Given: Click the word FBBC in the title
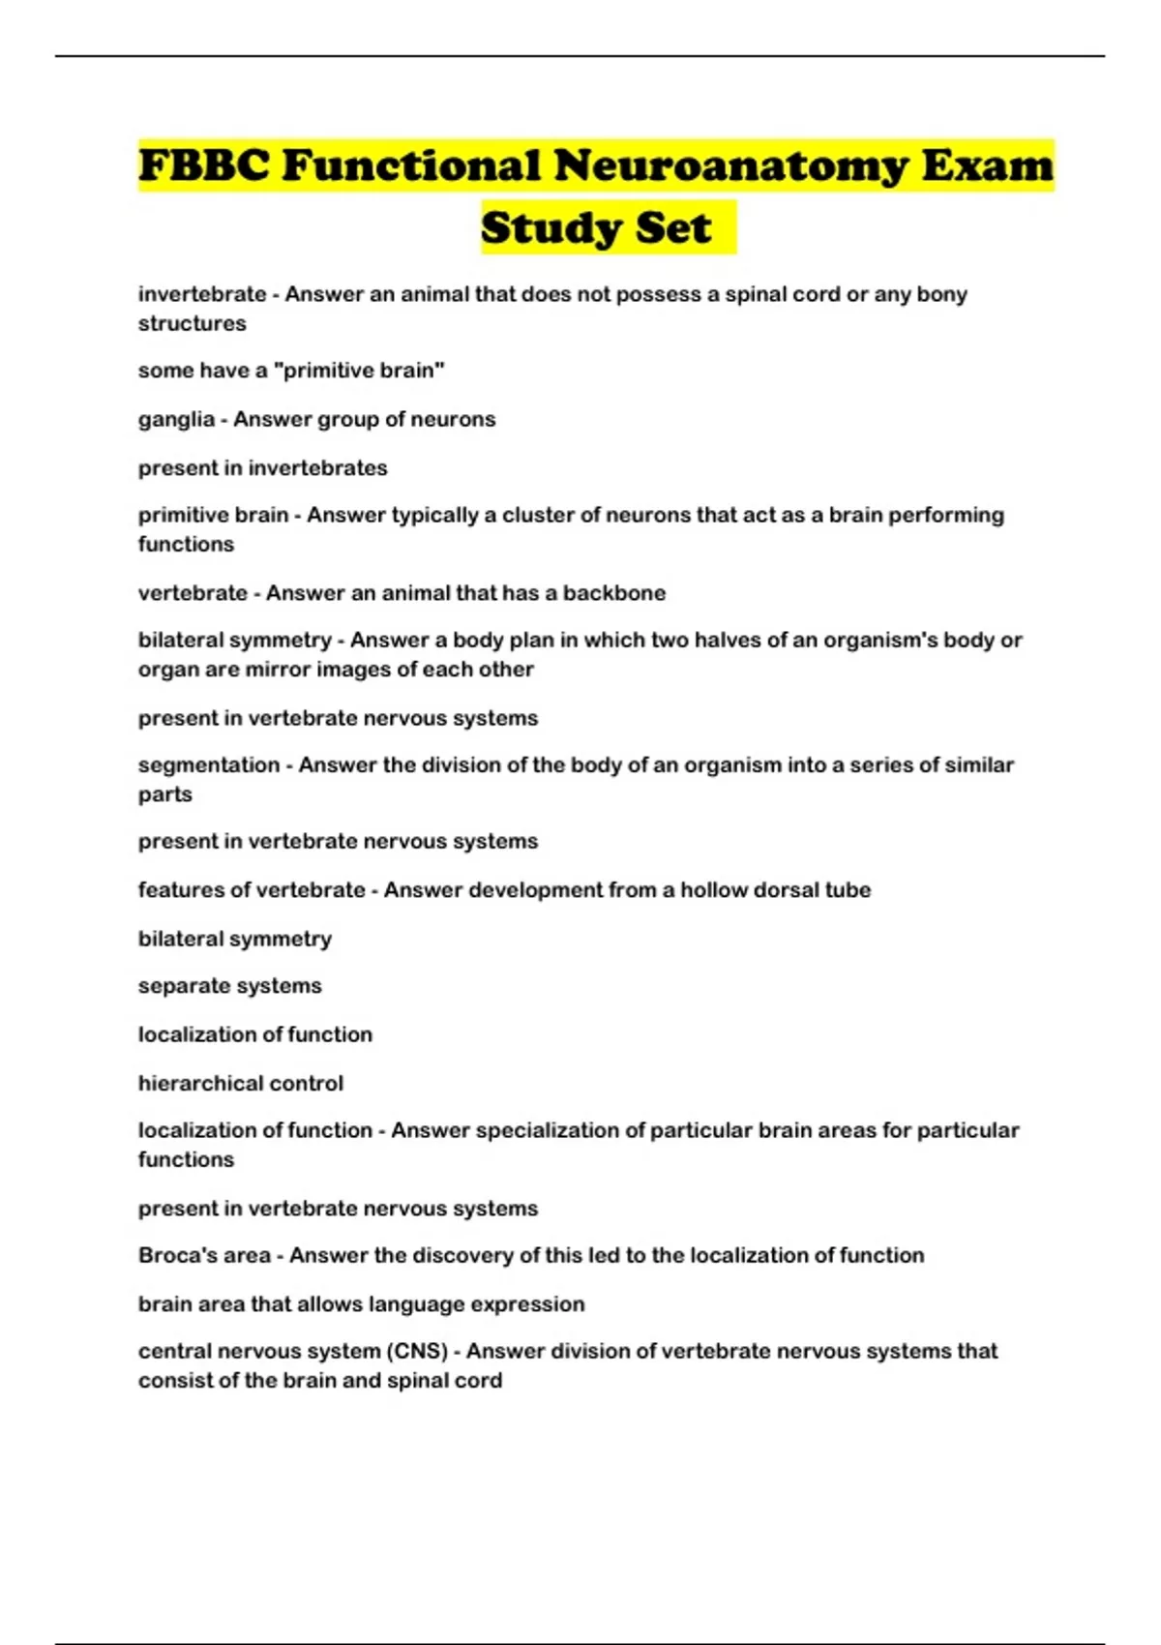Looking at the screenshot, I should click(x=204, y=165).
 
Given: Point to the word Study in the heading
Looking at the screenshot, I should click(x=543, y=228).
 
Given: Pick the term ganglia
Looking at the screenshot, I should click(x=176, y=420).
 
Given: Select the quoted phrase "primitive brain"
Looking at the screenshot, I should click(x=361, y=371).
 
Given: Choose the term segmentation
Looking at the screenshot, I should click(x=208, y=765).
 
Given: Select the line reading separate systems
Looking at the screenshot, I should click(x=229, y=986).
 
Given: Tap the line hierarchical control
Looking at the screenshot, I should click(x=240, y=1084).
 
